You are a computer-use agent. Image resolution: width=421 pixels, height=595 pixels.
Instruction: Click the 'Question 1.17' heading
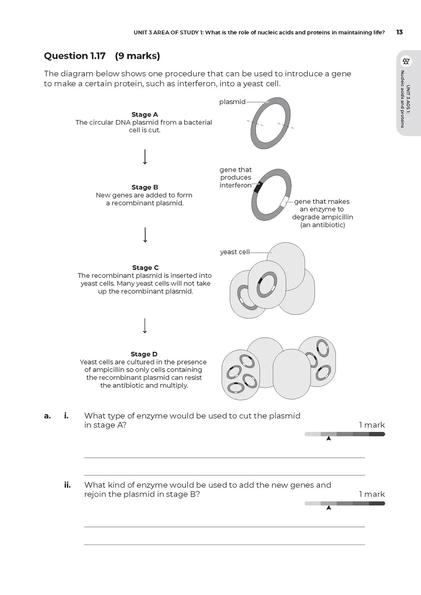75,56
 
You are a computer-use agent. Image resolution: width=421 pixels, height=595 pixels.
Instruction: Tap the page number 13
399,32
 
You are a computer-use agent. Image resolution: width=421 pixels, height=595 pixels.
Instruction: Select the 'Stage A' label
144,114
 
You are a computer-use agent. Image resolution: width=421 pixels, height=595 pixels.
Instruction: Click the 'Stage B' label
144,187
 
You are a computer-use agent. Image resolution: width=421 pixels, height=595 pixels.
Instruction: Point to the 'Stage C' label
145,268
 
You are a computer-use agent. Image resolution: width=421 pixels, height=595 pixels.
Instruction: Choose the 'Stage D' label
144,354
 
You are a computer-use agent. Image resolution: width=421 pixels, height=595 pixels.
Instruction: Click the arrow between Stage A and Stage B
145,157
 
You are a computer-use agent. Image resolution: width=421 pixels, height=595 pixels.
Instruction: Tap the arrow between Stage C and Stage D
145,325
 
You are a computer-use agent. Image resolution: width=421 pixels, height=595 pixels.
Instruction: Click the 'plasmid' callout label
232,102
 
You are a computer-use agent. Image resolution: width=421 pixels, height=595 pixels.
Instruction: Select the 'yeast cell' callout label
235,252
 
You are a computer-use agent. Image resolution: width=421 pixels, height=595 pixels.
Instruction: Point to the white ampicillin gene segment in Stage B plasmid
284,201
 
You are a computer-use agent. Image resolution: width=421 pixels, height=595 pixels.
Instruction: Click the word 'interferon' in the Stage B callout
235,185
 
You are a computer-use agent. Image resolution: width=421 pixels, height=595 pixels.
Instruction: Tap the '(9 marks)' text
137,56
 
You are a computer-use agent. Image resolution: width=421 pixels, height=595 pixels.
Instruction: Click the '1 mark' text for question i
372,425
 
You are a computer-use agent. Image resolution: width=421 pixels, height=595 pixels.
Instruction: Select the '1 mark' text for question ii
372,494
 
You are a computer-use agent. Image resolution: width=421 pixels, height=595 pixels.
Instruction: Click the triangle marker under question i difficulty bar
328,439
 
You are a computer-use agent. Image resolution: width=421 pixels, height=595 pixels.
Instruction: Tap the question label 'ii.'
67,485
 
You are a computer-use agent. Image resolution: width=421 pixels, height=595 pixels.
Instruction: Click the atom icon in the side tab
406,61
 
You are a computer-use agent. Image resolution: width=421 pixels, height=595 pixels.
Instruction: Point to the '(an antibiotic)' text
323,225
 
